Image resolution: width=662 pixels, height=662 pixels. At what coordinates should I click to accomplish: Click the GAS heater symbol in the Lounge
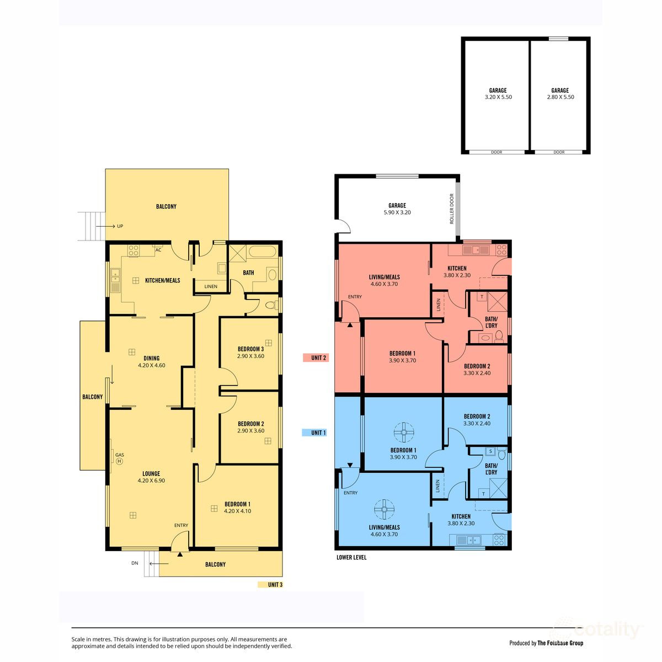coord(119,461)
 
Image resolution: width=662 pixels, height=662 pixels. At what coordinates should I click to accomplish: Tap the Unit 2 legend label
coord(318,358)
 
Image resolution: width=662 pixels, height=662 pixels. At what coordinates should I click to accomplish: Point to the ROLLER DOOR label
coord(452,209)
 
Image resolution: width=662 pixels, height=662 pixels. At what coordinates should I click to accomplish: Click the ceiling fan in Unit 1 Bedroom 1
coord(404,432)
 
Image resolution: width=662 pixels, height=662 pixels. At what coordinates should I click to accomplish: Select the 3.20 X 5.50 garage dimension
coord(498,97)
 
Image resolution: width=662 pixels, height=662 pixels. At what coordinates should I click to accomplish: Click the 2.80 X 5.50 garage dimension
coord(560,97)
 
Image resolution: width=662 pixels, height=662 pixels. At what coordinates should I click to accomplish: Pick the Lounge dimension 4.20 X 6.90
coord(151,481)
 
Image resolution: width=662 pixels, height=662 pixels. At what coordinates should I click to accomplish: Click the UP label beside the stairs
coord(120,226)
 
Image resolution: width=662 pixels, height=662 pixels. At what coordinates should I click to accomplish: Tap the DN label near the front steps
coord(135,563)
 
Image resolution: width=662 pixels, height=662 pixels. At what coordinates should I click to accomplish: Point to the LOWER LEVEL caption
coord(351,558)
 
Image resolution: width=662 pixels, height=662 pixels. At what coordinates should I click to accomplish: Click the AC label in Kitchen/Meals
coord(158,250)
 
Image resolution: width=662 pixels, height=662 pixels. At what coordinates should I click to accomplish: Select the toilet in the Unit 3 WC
coord(270,305)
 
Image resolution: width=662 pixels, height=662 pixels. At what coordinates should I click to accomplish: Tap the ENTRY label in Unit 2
coord(355,297)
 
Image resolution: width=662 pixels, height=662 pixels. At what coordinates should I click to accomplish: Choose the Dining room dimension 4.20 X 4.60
coord(151,365)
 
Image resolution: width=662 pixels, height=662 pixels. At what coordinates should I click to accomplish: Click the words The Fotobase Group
coord(560,643)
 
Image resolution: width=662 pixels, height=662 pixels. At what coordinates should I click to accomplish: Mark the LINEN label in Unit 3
coord(211,287)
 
